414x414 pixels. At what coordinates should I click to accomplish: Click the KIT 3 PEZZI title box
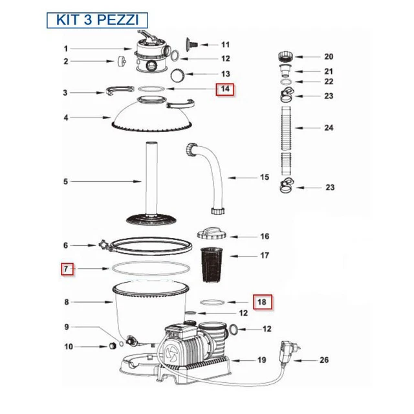click(x=97, y=19)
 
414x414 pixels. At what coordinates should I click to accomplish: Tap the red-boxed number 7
click(x=65, y=268)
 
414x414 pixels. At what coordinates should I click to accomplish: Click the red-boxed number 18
click(x=262, y=301)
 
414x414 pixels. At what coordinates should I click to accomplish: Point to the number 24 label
click(x=329, y=128)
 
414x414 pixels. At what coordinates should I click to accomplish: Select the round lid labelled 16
click(x=210, y=234)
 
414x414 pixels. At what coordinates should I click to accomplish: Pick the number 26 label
click(x=324, y=360)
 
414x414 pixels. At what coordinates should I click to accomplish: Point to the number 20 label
click(x=329, y=56)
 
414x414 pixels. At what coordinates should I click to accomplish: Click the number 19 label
click(x=262, y=360)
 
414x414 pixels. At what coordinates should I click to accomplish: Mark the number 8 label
click(x=65, y=301)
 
